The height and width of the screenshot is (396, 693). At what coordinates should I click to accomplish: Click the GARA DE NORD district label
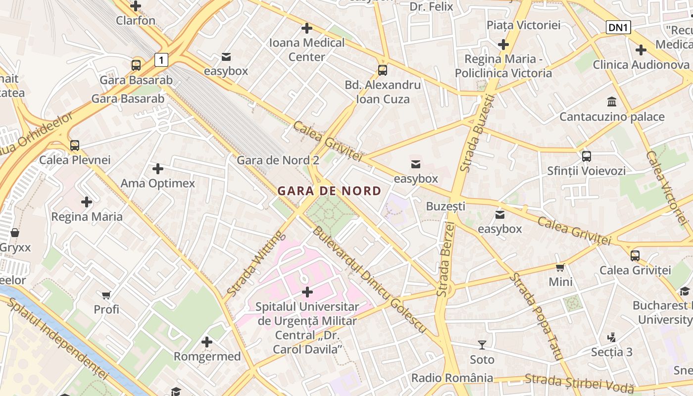pos(329,191)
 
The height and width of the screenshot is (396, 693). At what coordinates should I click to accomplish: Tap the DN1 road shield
pos(618,28)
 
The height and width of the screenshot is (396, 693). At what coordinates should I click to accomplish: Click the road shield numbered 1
pos(161,60)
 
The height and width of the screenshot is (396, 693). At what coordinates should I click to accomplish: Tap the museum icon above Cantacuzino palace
pos(612,102)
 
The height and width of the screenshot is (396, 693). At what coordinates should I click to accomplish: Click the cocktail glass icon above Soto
pos(482,345)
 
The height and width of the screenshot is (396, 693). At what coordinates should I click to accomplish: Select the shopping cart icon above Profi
pos(106,295)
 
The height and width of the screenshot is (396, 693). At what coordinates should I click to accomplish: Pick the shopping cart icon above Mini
pos(560,267)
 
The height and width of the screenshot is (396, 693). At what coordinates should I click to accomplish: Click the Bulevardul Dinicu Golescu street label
pos(369,280)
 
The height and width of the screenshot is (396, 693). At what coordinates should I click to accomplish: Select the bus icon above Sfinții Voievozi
pos(587,156)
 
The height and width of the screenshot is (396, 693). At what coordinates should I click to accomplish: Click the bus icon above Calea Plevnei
pos(75,146)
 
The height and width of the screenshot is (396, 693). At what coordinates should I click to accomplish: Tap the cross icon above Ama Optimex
pos(158,169)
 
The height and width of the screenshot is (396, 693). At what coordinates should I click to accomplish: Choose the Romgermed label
pos(207,356)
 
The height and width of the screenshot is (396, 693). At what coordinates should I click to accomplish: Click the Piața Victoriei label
pos(523,25)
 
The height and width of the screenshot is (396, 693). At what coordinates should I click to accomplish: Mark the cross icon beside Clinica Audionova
pos(641,50)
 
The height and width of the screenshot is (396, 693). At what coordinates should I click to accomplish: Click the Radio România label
pos(452,378)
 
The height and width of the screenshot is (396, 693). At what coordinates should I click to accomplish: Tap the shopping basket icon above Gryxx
pos(15,233)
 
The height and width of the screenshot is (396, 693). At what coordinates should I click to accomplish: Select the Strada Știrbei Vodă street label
pos(579,382)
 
